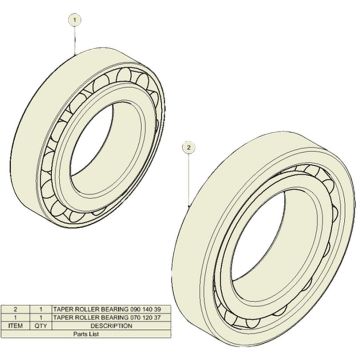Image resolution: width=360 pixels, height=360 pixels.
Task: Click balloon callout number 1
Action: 74,20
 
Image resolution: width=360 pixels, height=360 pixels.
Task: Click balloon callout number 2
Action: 189,148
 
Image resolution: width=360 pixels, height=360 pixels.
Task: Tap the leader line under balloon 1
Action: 75,40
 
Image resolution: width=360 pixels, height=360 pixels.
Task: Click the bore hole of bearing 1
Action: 92,140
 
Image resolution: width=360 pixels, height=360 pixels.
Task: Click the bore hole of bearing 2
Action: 257,236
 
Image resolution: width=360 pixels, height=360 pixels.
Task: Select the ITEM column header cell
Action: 15,326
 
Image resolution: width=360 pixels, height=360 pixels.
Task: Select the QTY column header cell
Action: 41,326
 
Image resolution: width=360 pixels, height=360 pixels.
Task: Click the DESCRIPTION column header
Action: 111,326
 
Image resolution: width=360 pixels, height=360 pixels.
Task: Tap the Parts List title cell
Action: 86,334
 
